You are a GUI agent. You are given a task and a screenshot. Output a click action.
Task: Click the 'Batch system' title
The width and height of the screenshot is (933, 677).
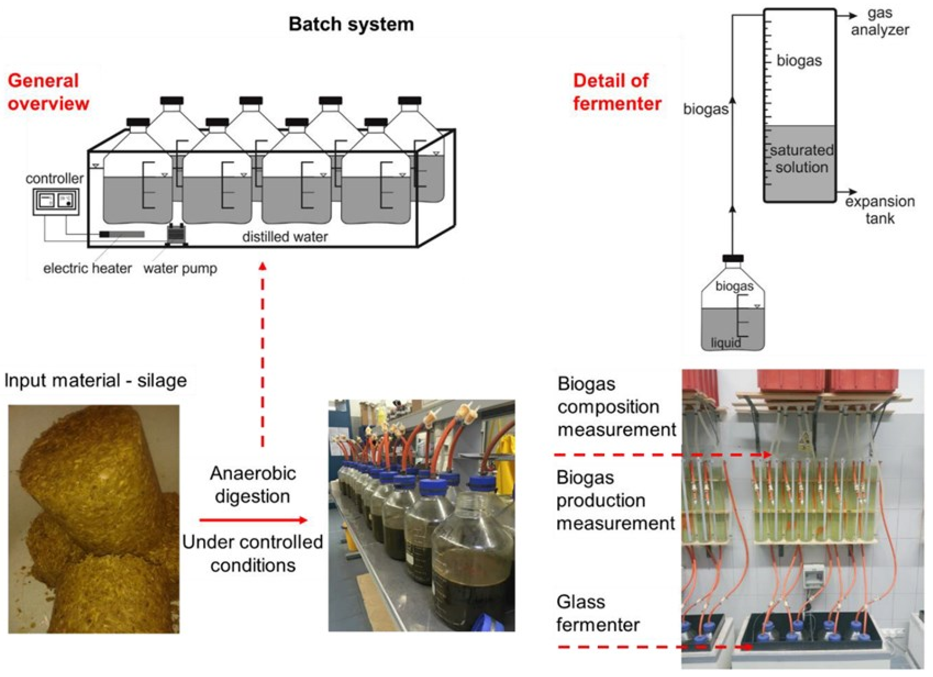pos(351,24)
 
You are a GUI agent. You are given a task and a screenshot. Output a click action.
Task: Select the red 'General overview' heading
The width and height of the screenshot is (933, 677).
pos(48,92)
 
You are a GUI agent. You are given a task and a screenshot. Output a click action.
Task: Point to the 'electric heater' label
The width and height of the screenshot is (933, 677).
pos(87,269)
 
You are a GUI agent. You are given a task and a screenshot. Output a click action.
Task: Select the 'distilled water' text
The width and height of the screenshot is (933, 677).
pos(285,237)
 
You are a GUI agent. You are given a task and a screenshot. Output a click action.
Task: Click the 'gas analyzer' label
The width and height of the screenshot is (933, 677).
pos(879,22)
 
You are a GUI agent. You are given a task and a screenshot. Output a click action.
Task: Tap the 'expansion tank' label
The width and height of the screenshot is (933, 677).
pos(879,210)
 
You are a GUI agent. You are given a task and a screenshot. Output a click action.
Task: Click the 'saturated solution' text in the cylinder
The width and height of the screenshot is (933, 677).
pos(801,159)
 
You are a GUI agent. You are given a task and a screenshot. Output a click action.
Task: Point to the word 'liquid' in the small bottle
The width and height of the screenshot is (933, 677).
pos(726,342)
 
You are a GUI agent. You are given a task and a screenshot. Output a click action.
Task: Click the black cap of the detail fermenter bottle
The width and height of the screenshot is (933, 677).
pos(733,258)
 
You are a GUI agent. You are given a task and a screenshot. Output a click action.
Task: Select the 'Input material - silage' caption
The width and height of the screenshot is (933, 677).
pos(95,380)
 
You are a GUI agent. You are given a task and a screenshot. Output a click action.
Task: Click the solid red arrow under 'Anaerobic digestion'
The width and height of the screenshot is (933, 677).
pos(253,520)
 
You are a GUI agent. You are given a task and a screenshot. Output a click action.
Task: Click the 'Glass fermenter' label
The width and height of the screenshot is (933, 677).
pos(597,614)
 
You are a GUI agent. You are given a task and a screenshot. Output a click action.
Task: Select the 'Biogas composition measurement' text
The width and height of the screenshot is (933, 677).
pos(616,407)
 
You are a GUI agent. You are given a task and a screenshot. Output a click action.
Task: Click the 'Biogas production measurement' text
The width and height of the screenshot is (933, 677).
pos(615,501)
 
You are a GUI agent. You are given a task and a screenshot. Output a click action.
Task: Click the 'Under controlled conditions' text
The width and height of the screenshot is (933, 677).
pos(252,554)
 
